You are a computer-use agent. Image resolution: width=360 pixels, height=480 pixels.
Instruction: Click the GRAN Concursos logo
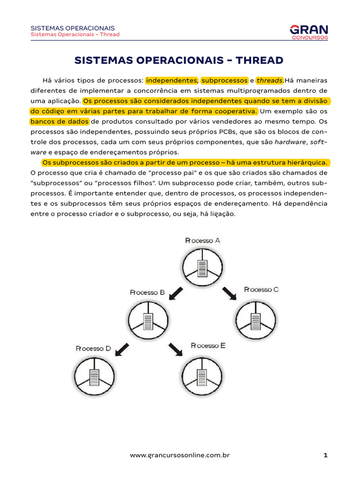pyautogui.click(x=309, y=32)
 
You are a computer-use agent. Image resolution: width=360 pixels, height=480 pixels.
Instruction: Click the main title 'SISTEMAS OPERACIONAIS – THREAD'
pyautogui.click(x=180, y=60)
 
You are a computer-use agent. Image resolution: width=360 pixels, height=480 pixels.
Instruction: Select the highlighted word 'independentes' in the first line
pyautogui.click(x=172, y=80)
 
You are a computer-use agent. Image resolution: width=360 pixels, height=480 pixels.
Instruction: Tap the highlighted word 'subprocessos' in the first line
pyautogui.click(x=224, y=80)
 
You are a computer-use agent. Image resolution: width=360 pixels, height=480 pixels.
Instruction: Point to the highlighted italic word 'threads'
pyautogui.click(x=270, y=80)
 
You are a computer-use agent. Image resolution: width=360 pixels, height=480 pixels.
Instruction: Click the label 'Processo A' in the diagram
pyautogui.click(x=202, y=240)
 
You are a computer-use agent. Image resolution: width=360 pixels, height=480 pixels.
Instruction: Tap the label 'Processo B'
pyautogui.click(x=147, y=292)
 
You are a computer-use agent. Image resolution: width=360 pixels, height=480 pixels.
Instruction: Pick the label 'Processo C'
pyautogui.click(x=261, y=289)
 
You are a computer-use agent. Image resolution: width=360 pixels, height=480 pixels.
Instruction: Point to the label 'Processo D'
pyautogui.click(x=94, y=348)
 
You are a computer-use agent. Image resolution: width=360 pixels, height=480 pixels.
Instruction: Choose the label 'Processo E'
pyautogui.click(x=208, y=345)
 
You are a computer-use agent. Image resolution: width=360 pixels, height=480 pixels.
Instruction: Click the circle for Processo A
pyautogui.click(x=202, y=268)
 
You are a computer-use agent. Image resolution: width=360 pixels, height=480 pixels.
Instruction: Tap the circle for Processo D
pyautogui.click(x=94, y=376)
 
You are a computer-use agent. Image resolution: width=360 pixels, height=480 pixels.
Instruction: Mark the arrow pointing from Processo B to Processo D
pyautogui.click(x=122, y=349)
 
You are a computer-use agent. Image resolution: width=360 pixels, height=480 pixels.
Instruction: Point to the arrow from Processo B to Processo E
pyautogui.click(x=176, y=349)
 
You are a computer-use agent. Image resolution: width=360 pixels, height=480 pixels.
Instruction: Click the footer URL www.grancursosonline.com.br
pyautogui.click(x=180, y=455)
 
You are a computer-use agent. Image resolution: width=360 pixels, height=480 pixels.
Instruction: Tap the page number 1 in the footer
pyautogui.click(x=325, y=455)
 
